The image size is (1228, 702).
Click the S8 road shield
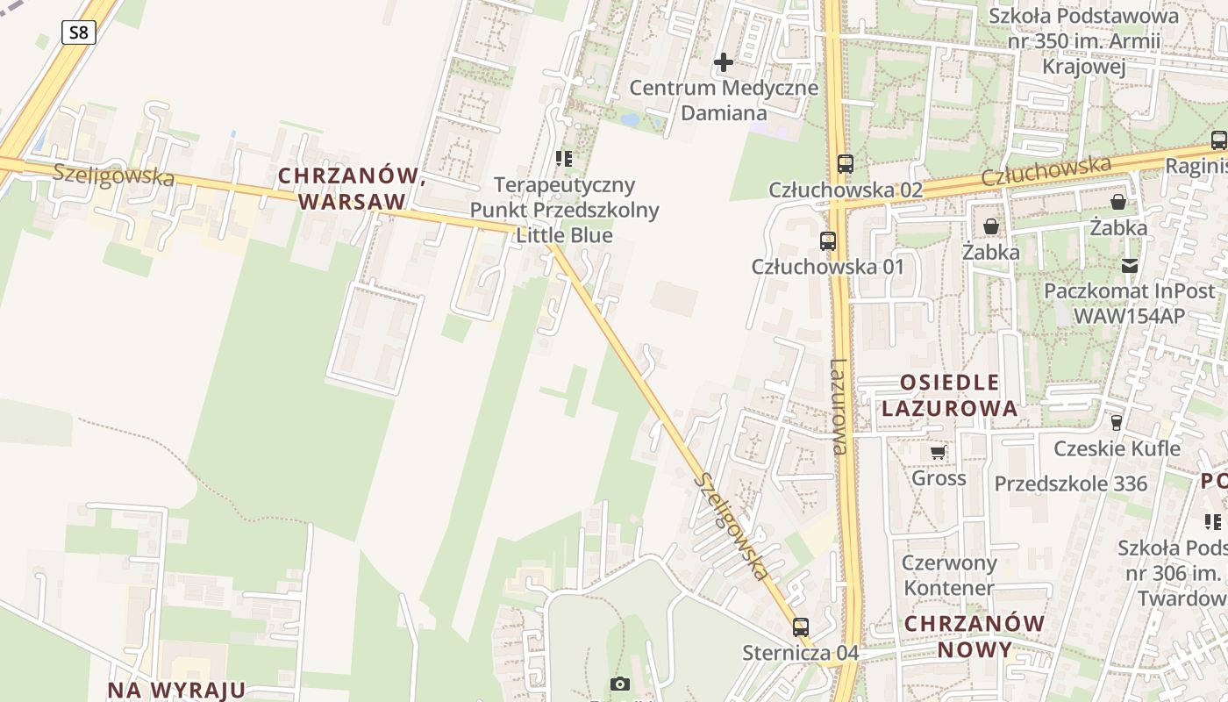pyautogui.click(x=78, y=33)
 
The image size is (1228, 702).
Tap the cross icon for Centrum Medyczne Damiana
pyautogui.click(x=724, y=62)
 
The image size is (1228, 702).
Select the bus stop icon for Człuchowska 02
pyautogui.click(x=845, y=163)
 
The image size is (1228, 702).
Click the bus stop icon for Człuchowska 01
pyautogui.click(x=827, y=240)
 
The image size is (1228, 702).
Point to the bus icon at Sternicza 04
pyautogui.click(x=800, y=627)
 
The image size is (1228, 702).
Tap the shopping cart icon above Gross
pyautogui.click(x=939, y=453)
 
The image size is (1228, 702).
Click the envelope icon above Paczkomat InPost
pyautogui.click(x=1130, y=265)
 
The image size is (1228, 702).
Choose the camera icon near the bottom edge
pyautogui.click(x=620, y=684)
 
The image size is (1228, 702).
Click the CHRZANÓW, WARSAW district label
pyautogui.click(x=352, y=189)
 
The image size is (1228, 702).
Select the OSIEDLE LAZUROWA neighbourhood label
pyautogui.click(x=950, y=395)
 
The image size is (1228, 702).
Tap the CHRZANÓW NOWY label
pyautogui.click(x=975, y=636)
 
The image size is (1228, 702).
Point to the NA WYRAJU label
pyautogui.click(x=176, y=690)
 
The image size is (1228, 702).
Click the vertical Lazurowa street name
pyautogui.click(x=839, y=406)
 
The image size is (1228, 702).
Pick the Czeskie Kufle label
pyautogui.click(x=1117, y=448)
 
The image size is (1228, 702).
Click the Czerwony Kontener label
pyautogui.click(x=949, y=575)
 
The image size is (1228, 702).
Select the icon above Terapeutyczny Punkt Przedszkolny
pyautogui.click(x=563, y=159)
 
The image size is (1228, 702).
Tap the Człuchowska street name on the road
pyautogui.click(x=1046, y=171)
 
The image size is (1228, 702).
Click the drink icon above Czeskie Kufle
pyautogui.click(x=1116, y=423)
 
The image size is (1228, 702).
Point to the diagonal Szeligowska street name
pyautogui.click(x=731, y=526)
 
